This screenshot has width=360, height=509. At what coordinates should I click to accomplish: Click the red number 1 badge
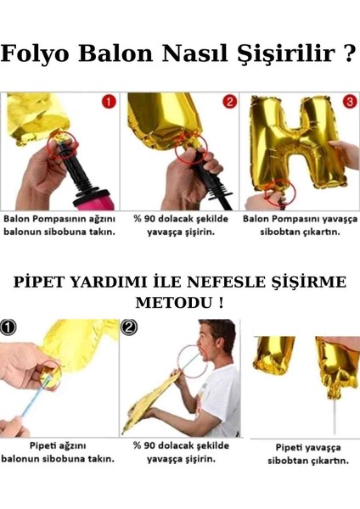tap(108, 103)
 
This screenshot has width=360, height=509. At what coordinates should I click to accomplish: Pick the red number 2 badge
tap(228, 103)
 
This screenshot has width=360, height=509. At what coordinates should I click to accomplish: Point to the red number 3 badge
tap(349, 103)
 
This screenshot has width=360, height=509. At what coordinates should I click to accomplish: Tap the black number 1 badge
tap(8, 327)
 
